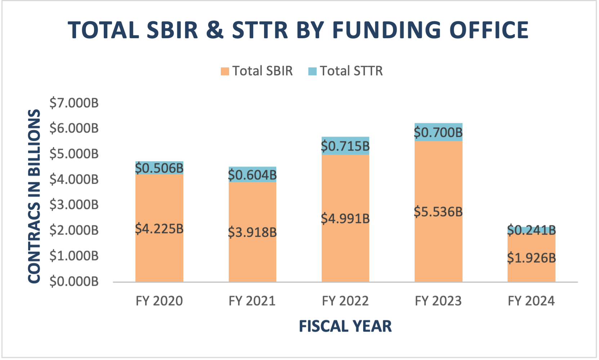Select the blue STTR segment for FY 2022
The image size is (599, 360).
tap(345, 141)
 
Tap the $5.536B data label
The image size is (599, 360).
tap(438, 212)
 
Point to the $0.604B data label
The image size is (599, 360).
tap(252, 175)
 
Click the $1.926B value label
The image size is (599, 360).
tap(531, 258)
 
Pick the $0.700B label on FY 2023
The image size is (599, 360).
tap(438, 133)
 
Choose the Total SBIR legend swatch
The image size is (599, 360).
tap(225, 71)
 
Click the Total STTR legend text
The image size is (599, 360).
tap(351, 71)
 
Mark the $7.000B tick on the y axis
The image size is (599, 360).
tap(74, 103)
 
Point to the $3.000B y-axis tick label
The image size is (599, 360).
tap(74, 205)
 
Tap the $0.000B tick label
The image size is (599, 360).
tap(74, 281)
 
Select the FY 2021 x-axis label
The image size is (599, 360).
tap(252, 301)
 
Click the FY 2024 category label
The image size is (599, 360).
tap(531, 301)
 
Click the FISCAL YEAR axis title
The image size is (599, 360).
tap(345, 326)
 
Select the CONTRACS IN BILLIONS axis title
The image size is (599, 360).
tap(34, 196)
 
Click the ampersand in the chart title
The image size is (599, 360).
tap(215, 30)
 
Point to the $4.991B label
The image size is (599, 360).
tap(345, 218)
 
